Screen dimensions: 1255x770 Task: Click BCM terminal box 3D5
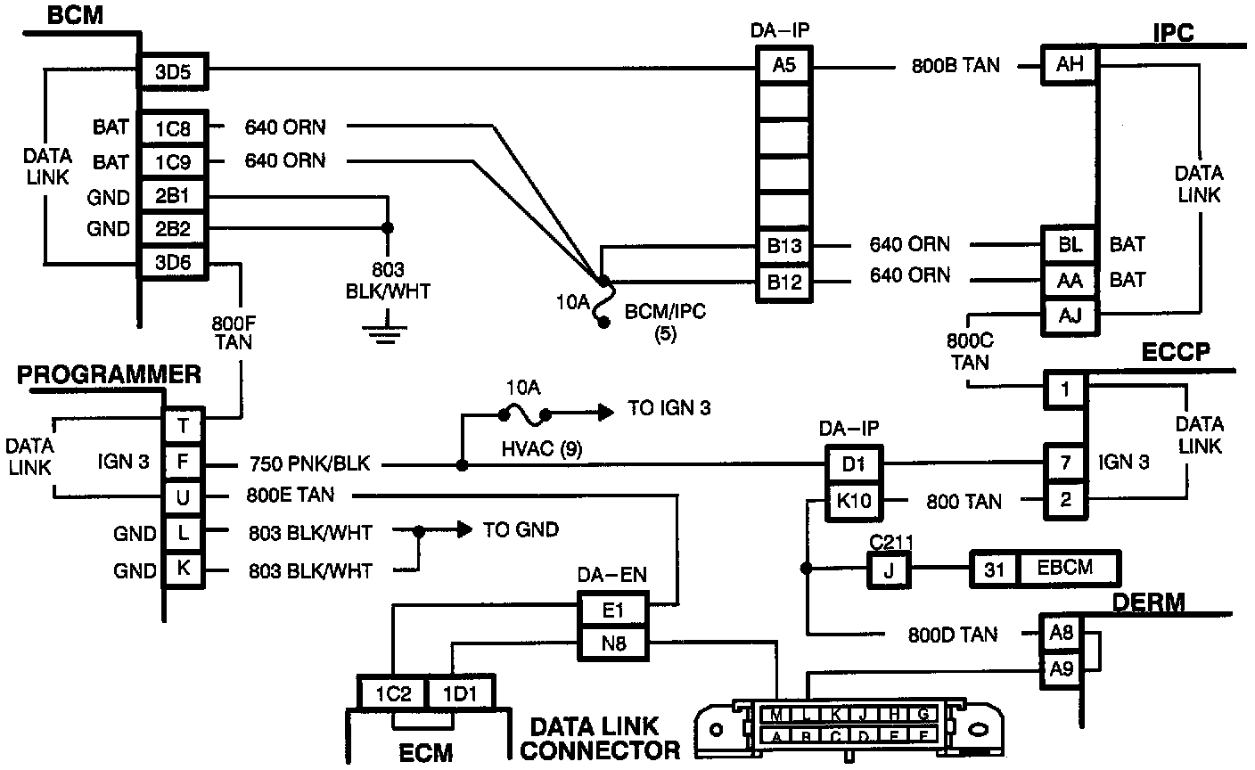click(x=173, y=71)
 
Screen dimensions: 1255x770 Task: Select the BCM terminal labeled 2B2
click(x=173, y=229)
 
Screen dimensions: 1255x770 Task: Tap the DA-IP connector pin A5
click(x=783, y=65)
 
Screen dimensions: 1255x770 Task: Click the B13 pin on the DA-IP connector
click(x=783, y=245)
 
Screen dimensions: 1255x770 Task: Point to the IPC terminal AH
click(x=1070, y=64)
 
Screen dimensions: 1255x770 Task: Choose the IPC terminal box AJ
click(x=1070, y=316)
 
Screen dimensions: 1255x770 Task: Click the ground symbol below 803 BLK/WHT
click(x=385, y=333)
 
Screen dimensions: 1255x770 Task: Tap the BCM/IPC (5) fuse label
click(x=665, y=322)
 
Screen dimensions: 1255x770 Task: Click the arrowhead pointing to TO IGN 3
click(x=606, y=412)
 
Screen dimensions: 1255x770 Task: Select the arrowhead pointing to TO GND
click(x=465, y=529)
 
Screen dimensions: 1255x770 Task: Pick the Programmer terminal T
click(x=184, y=426)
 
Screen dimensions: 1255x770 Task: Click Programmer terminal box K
click(x=184, y=569)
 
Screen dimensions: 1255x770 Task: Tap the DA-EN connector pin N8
click(x=613, y=643)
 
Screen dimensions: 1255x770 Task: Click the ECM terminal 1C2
click(x=393, y=694)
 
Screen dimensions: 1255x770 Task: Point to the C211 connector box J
click(x=889, y=570)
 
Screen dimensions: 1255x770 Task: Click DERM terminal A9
click(x=1062, y=669)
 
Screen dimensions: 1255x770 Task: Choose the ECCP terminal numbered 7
click(x=1065, y=463)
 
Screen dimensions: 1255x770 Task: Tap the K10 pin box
click(x=854, y=500)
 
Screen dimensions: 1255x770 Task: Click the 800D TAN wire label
click(x=953, y=635)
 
